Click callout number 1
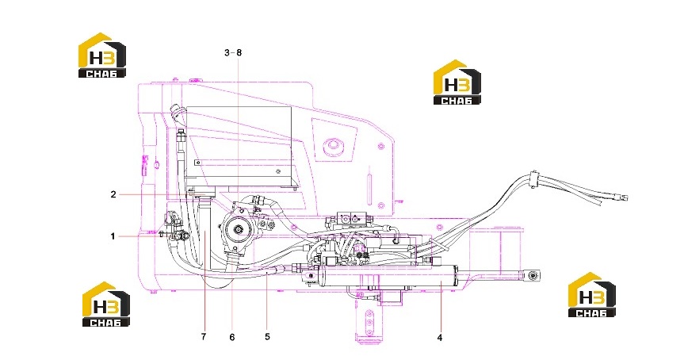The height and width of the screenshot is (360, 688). point(113,236)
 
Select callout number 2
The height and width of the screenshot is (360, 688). point(113,194)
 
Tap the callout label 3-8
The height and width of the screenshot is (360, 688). point(233,52)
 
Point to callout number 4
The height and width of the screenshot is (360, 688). point(440,338)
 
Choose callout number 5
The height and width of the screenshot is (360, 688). point(267,337)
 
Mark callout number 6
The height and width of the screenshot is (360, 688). point(231,337)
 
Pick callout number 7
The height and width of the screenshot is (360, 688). point(204,337)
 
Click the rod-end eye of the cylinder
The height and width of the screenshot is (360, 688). point(532,276)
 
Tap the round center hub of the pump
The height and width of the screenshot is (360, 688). point(239,229)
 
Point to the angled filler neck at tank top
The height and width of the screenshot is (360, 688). point(177,113)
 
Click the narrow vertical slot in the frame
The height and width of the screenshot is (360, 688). point(369,190)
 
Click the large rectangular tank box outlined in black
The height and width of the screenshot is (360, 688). point(239,146)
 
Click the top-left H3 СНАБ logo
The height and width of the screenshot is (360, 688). point(101,56)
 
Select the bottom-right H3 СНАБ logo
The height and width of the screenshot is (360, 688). point(591,295)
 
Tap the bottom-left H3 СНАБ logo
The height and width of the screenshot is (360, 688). point(106,304)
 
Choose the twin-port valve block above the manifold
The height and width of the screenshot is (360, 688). point(354,218)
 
